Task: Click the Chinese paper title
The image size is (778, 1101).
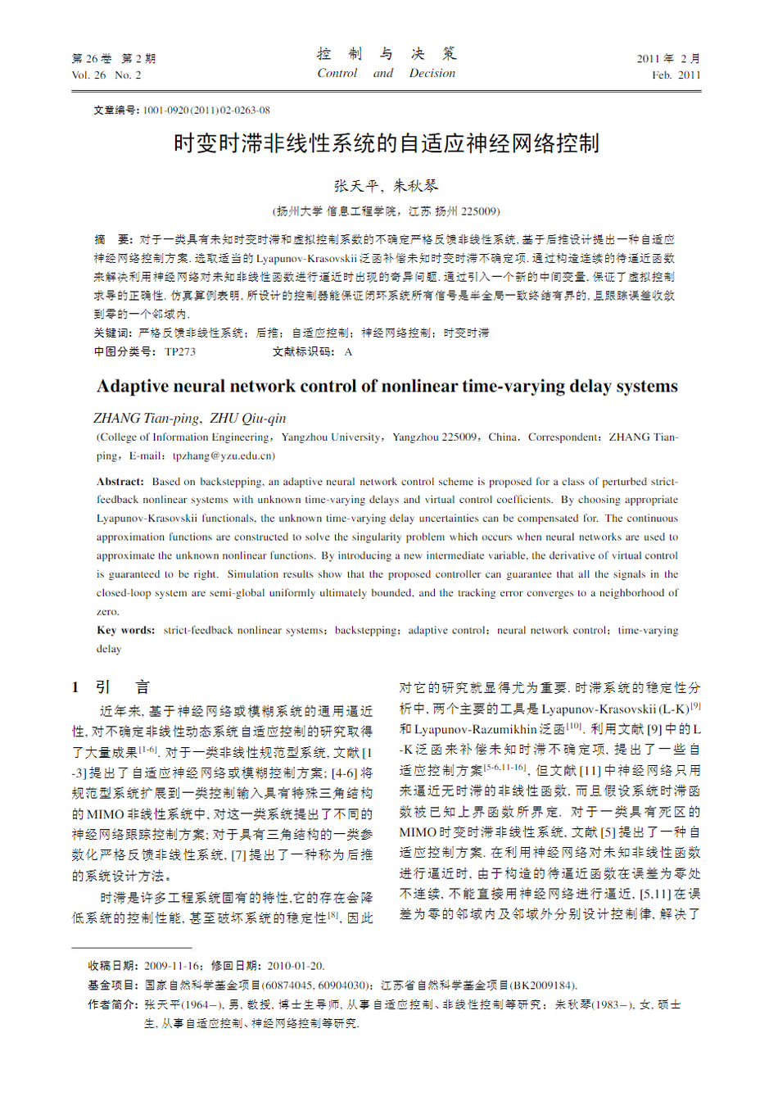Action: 387,143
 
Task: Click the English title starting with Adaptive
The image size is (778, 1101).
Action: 387,386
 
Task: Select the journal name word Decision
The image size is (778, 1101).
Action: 432,74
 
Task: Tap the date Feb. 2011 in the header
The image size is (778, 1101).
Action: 676,75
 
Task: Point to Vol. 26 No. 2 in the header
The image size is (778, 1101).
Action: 106,75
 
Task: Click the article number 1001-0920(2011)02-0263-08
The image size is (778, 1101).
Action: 206,111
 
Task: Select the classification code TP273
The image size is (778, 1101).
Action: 180,351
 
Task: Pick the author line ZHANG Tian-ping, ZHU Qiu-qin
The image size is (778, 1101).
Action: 190,418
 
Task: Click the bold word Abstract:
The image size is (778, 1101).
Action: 120,482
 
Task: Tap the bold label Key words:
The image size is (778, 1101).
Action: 125,630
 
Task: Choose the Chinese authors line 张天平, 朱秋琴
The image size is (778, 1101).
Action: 386,186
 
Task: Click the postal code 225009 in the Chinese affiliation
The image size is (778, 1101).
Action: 479,211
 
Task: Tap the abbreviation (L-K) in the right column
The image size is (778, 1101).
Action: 674,709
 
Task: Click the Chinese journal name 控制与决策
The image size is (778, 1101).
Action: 386,54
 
